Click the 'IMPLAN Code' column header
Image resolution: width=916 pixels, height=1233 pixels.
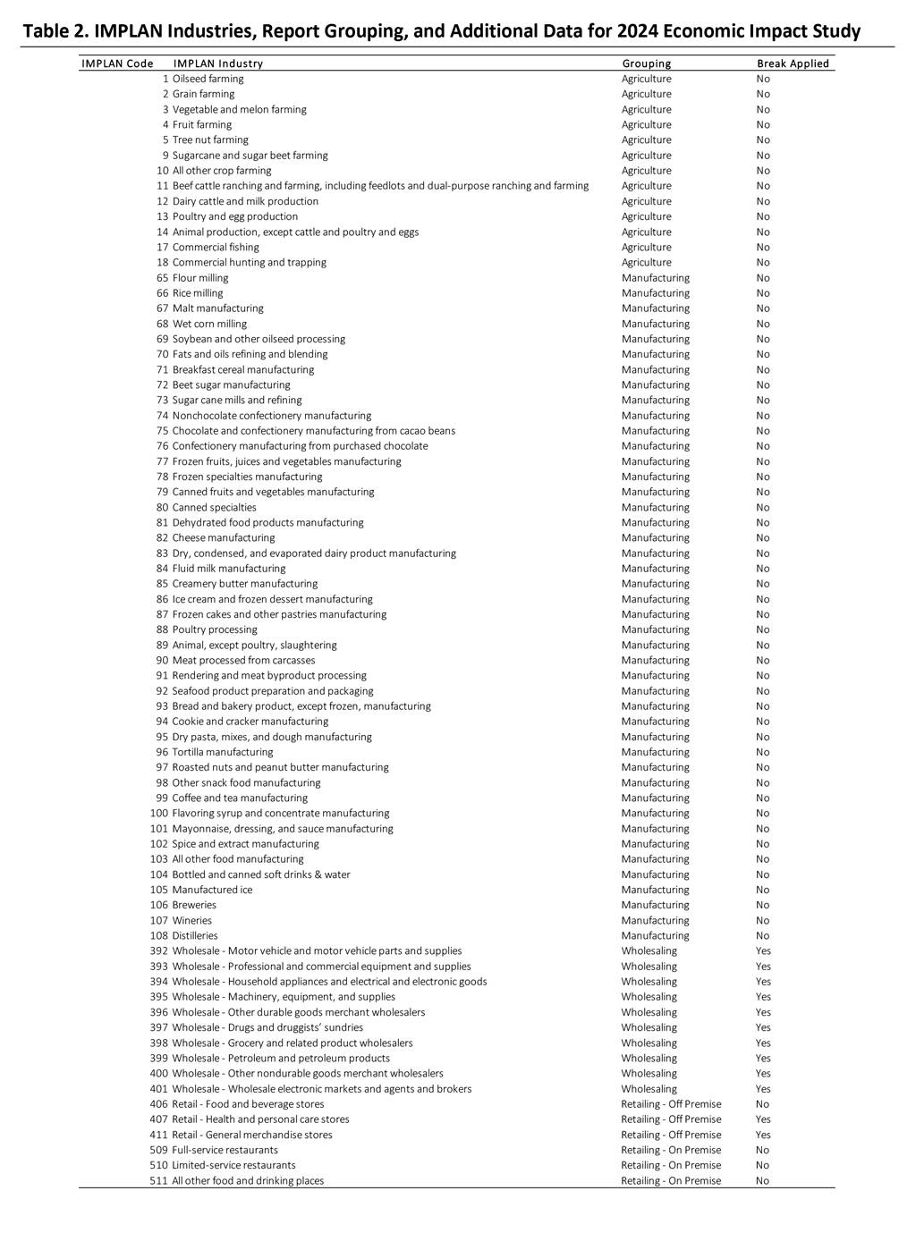click(x=117, y=63)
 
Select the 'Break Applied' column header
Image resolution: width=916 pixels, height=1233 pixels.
click(x=793, y=63)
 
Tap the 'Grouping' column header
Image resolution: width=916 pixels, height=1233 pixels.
click(x=646, y=63)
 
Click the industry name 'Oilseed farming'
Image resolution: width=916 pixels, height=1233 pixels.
click(x=208, y=79)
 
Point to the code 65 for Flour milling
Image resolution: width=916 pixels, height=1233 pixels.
click(x=162, y=278)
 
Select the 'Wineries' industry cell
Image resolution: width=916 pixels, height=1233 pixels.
click(x=192, y=920)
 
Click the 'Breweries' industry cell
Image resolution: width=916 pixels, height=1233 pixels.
click(x=194, y=905)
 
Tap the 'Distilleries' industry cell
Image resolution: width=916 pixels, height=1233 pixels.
click(x=195, y=935)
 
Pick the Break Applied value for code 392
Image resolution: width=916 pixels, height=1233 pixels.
click(x=763, y=950)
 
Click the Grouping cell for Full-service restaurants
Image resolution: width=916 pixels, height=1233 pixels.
click(x=671, y=1150)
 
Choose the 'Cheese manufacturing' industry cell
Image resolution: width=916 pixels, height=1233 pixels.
click(x=224, y=537)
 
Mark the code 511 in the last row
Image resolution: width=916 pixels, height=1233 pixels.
click(x=158, y=1180)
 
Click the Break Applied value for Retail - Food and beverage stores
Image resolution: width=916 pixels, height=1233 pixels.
click(x=762, y=1104)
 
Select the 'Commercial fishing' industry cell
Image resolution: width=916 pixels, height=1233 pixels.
click(x=216, y=247)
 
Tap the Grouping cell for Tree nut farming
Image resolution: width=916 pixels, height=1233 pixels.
click(x=646, y=139)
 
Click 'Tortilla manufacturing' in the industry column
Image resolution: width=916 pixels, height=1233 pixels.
click(x=223, y=752)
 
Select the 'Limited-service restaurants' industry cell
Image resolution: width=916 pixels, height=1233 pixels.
click(x=233, y=1165)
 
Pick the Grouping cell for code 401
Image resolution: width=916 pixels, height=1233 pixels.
click(x=649, y=1089)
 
